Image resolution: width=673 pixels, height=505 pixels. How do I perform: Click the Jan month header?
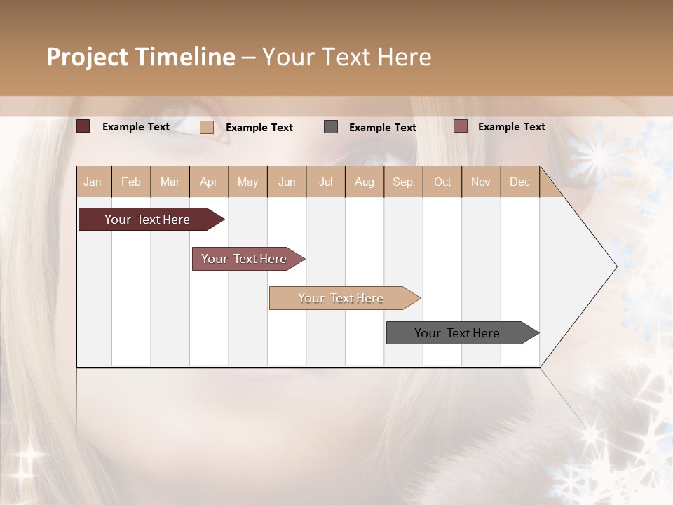point(93,182)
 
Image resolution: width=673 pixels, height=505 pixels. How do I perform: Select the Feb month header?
point(131,182)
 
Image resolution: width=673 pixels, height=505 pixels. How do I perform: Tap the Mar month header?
point(170,182)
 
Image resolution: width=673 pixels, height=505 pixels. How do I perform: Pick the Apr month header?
point(209,182)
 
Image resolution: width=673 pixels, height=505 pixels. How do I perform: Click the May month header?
point(247,182)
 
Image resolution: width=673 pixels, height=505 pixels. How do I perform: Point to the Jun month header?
point(287,182)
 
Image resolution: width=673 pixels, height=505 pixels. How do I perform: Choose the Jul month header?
point(325,182)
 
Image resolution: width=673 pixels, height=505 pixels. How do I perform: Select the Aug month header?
point(365,182)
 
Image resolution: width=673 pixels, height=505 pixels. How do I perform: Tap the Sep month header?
point(403,182)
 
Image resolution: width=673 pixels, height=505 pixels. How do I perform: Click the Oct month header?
point(442,182)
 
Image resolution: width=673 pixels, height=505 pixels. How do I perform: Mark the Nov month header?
point(481,182)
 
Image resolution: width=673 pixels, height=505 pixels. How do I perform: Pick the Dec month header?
point(520,182)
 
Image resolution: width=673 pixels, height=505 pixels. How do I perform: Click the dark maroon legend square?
point(83,126)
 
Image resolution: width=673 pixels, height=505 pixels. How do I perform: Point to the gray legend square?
point(331,126)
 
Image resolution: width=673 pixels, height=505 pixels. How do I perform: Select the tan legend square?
point(207,127)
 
